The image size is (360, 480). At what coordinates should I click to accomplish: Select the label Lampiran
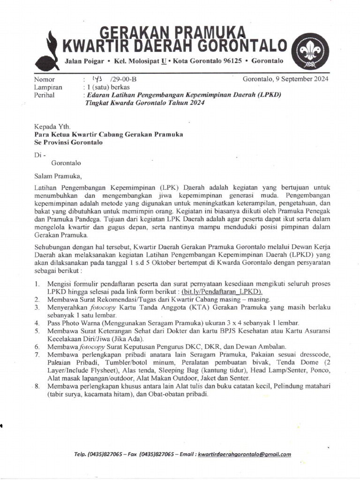[x=48, y=87]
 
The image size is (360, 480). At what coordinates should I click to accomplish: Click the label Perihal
[x=45, y=95]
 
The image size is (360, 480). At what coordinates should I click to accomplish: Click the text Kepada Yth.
[x=52, y=126]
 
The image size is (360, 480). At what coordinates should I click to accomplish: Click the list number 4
[x=37, y=323]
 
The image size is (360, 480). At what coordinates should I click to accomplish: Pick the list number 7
[x=37, y=355]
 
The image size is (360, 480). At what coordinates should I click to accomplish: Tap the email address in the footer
[x=244, y=454]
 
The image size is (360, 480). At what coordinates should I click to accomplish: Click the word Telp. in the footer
[x=82, y=454]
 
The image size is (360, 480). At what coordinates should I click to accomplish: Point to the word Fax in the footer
[x=135, y=454]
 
